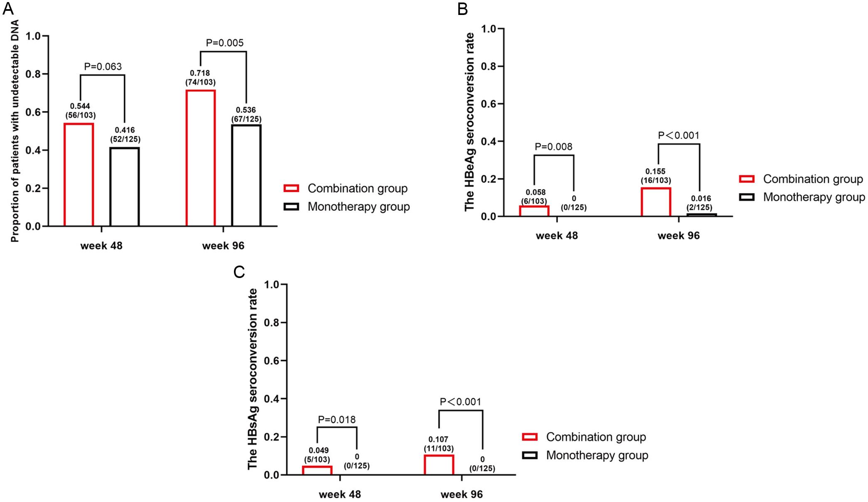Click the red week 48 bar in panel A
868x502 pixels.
[x=79, y=175]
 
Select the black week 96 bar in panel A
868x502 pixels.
[x=246, y=175]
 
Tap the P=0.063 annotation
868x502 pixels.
[x=103, y=66]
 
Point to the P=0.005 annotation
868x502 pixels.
[x=224, y=43]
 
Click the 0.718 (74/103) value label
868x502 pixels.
[x=200, y=78]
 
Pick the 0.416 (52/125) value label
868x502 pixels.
[x=125, y=135]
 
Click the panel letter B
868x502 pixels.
[x=462, y=9]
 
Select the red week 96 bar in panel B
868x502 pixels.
[x=656, y=202]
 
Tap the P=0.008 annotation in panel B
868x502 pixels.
[x=553, y=147]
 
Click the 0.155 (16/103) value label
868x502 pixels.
[x=655, y=176]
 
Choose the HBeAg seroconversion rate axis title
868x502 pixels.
[x=470, y=122]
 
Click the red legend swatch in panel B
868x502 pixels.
[x=747, y=179]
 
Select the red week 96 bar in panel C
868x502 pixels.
[x=439, y=465]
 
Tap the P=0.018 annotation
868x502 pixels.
[x=337, y=420]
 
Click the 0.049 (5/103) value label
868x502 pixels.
[x=319, y=455]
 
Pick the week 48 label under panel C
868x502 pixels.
[x=339, y=495]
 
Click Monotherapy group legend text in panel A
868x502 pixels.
[x=359, y=207]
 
